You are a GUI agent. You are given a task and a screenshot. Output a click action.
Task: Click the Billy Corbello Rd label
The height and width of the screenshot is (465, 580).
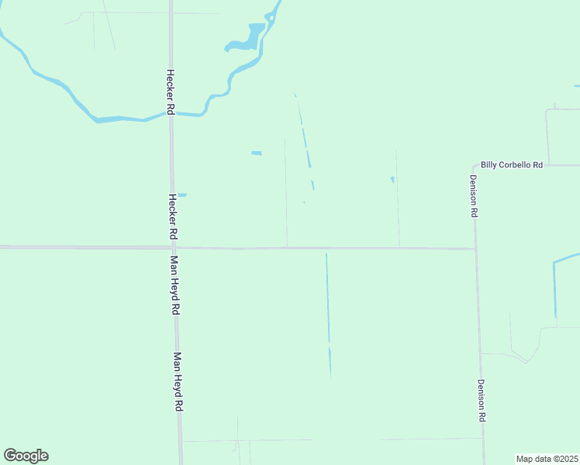511,164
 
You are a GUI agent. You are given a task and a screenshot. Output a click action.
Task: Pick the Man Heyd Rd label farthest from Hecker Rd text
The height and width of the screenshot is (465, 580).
178,381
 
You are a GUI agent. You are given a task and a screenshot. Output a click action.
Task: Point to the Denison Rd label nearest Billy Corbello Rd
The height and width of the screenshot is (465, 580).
472,195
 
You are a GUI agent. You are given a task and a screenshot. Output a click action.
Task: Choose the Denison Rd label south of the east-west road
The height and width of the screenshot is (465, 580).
482,400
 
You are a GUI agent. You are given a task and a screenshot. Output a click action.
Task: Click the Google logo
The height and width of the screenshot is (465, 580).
26,456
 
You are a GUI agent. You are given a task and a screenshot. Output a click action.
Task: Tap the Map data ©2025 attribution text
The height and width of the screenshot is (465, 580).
547,459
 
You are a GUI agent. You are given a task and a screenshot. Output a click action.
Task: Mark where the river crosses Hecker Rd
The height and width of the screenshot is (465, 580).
171,114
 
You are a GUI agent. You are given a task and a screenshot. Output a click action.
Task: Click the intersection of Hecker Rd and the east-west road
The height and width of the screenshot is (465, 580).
173,248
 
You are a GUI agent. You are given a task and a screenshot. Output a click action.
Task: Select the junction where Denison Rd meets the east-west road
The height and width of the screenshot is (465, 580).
475,249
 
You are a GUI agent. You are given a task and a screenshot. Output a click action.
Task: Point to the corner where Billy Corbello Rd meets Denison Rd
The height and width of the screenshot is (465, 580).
474,166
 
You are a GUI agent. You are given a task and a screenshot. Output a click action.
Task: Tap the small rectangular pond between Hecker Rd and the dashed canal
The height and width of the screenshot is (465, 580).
257,153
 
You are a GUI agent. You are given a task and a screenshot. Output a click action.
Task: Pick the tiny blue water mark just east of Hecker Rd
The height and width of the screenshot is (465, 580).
182,195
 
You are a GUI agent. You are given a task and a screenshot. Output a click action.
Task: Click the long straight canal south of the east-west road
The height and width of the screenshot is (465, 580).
328,310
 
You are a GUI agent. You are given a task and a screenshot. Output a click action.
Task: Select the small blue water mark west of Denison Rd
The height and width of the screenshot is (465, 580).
392,181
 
